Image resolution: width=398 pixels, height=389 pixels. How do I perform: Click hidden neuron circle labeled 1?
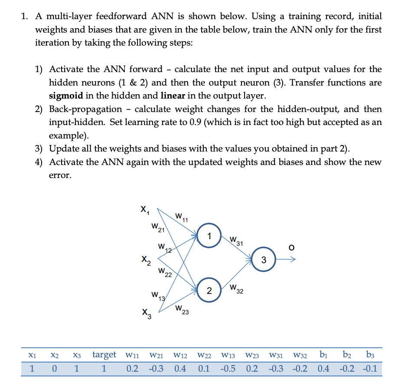[x=209, y=237]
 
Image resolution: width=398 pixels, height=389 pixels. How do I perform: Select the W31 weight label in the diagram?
[x=235, y=240]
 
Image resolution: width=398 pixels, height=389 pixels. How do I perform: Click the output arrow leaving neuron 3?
[x=286, y=260]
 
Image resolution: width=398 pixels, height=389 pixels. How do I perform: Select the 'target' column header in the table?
[x=104, y=355]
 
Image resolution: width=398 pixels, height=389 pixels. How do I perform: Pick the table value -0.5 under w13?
[x=231, y=369]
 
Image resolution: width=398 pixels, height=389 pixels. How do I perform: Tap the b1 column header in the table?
[x=323, y=355]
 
